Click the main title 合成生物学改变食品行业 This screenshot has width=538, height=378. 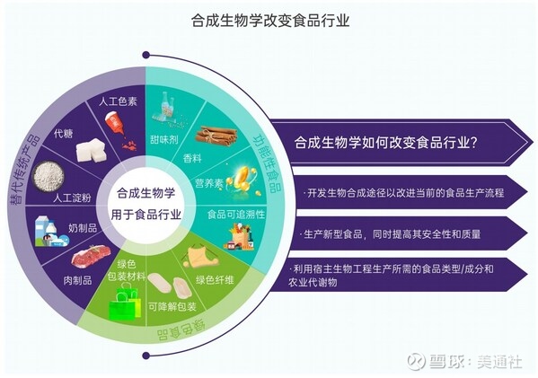click(270, 21)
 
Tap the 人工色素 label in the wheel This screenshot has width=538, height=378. click(118, 101)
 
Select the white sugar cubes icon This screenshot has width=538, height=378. click(90, 150)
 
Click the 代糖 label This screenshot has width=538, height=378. click(64, 133)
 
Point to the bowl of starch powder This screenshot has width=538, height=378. click(49, 177)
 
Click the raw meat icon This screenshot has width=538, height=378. click(91, 257)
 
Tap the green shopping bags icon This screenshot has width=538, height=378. click(125, 303)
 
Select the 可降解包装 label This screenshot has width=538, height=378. click(172, 306)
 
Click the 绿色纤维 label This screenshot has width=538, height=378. click(215, 280)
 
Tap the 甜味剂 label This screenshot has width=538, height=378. click(164, 139)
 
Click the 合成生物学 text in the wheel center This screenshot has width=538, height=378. click(146, 193)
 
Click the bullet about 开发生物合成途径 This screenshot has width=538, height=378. click(404, 193)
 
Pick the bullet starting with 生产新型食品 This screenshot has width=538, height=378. click(392, 234)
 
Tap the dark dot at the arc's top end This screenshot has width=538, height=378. click(146, 55)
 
